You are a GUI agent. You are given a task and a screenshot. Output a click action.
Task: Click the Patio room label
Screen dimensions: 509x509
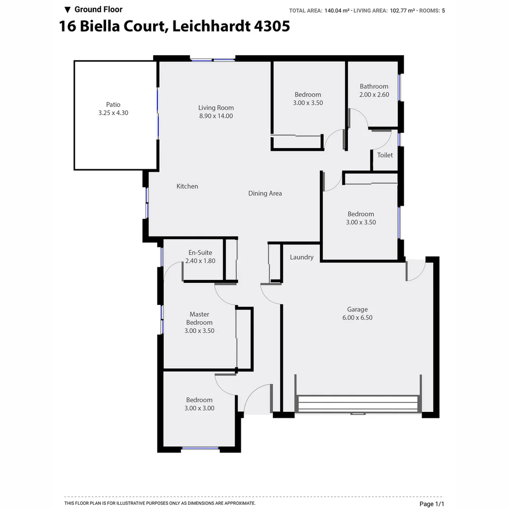click(113, 105)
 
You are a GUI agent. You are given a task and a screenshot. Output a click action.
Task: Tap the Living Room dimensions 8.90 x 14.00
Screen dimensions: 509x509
click(216, 116)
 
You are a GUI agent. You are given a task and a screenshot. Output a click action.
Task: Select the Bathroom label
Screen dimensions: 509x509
click(374, 86)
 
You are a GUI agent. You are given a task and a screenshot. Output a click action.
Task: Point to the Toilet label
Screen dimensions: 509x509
click(385, 155)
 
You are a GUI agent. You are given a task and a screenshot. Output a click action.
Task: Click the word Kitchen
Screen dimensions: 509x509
click(187, 186)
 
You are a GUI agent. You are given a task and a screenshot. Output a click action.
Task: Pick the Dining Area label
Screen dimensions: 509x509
click(265, 193)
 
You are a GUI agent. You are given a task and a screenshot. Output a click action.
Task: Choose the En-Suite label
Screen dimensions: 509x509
click(200, 253)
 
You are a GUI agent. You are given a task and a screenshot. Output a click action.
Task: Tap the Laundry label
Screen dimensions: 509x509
click(302, 257)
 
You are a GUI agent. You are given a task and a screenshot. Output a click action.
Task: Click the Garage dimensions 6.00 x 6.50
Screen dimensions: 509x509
click(357, 318)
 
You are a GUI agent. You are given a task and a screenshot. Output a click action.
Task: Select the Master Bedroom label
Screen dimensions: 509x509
click(199, 318)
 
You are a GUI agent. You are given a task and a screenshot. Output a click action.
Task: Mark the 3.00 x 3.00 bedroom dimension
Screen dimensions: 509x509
click(199, 408)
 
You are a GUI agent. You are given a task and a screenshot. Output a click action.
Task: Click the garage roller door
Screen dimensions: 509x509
click(358, 404)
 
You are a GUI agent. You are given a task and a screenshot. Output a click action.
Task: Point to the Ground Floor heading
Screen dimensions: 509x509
click(98, 9)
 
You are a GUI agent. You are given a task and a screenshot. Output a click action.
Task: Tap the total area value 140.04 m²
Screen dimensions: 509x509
click(337, 10)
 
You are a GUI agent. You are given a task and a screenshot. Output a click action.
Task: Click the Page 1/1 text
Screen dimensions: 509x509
click(432, 504)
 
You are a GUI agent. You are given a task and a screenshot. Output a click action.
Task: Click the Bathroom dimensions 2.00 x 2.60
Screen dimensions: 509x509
click(374, 95)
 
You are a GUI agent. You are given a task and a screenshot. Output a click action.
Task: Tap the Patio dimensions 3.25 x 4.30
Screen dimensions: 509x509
click(113, 113)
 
